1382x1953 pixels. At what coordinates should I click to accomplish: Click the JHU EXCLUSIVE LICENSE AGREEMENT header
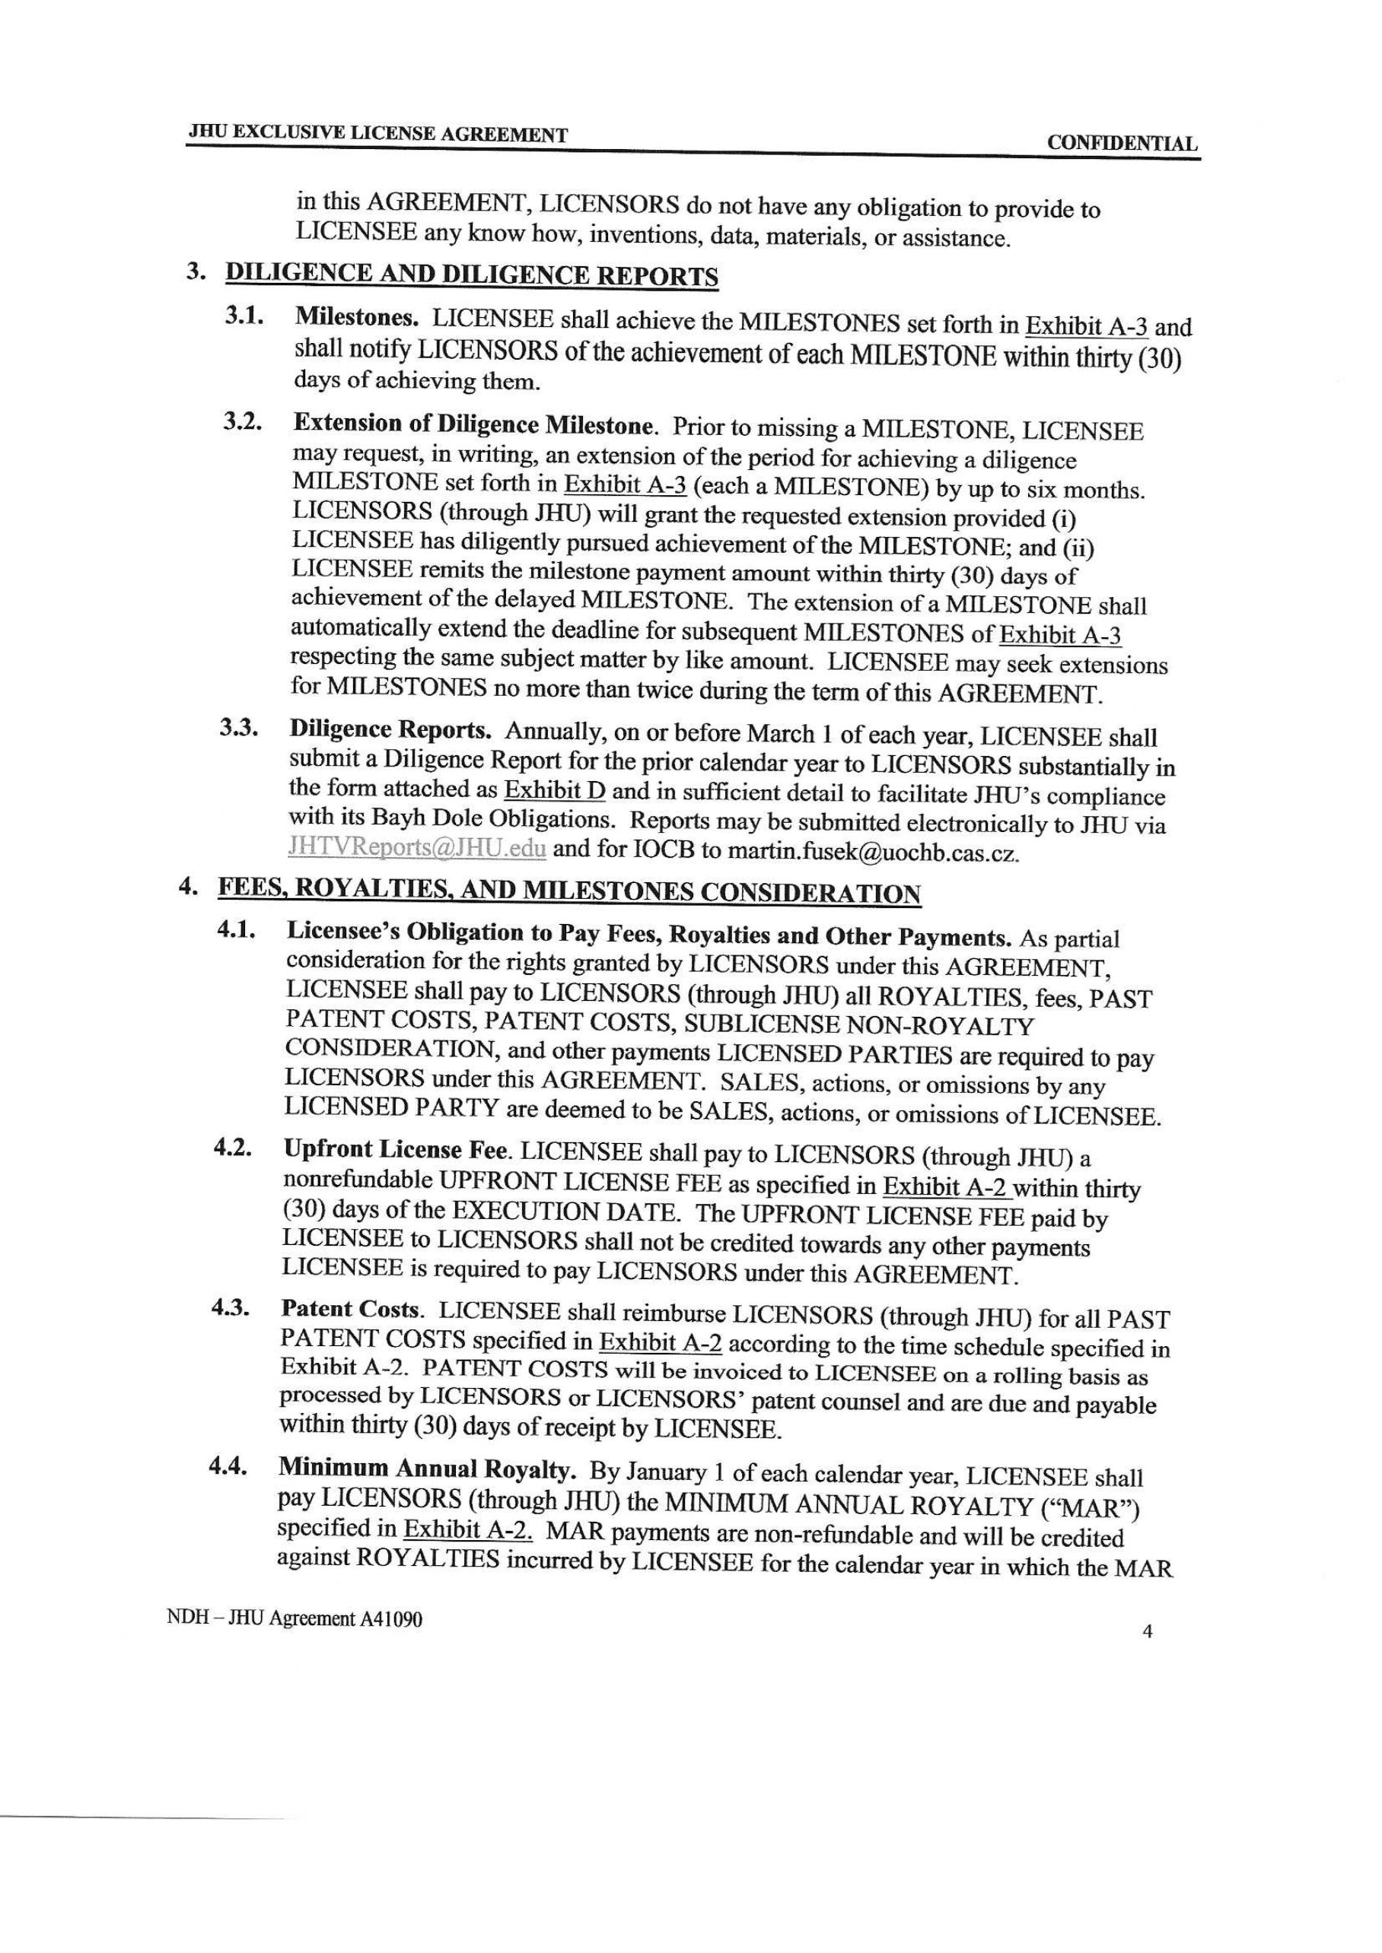[377, 134]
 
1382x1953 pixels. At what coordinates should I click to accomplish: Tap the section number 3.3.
[239, 730]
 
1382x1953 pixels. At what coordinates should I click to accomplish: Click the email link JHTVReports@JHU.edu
[417, 848]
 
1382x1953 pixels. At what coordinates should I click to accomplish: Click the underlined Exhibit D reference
[555, 790]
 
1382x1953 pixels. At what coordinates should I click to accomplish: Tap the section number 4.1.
[237, 931]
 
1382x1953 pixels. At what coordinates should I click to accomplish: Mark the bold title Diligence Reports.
[390, 730]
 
